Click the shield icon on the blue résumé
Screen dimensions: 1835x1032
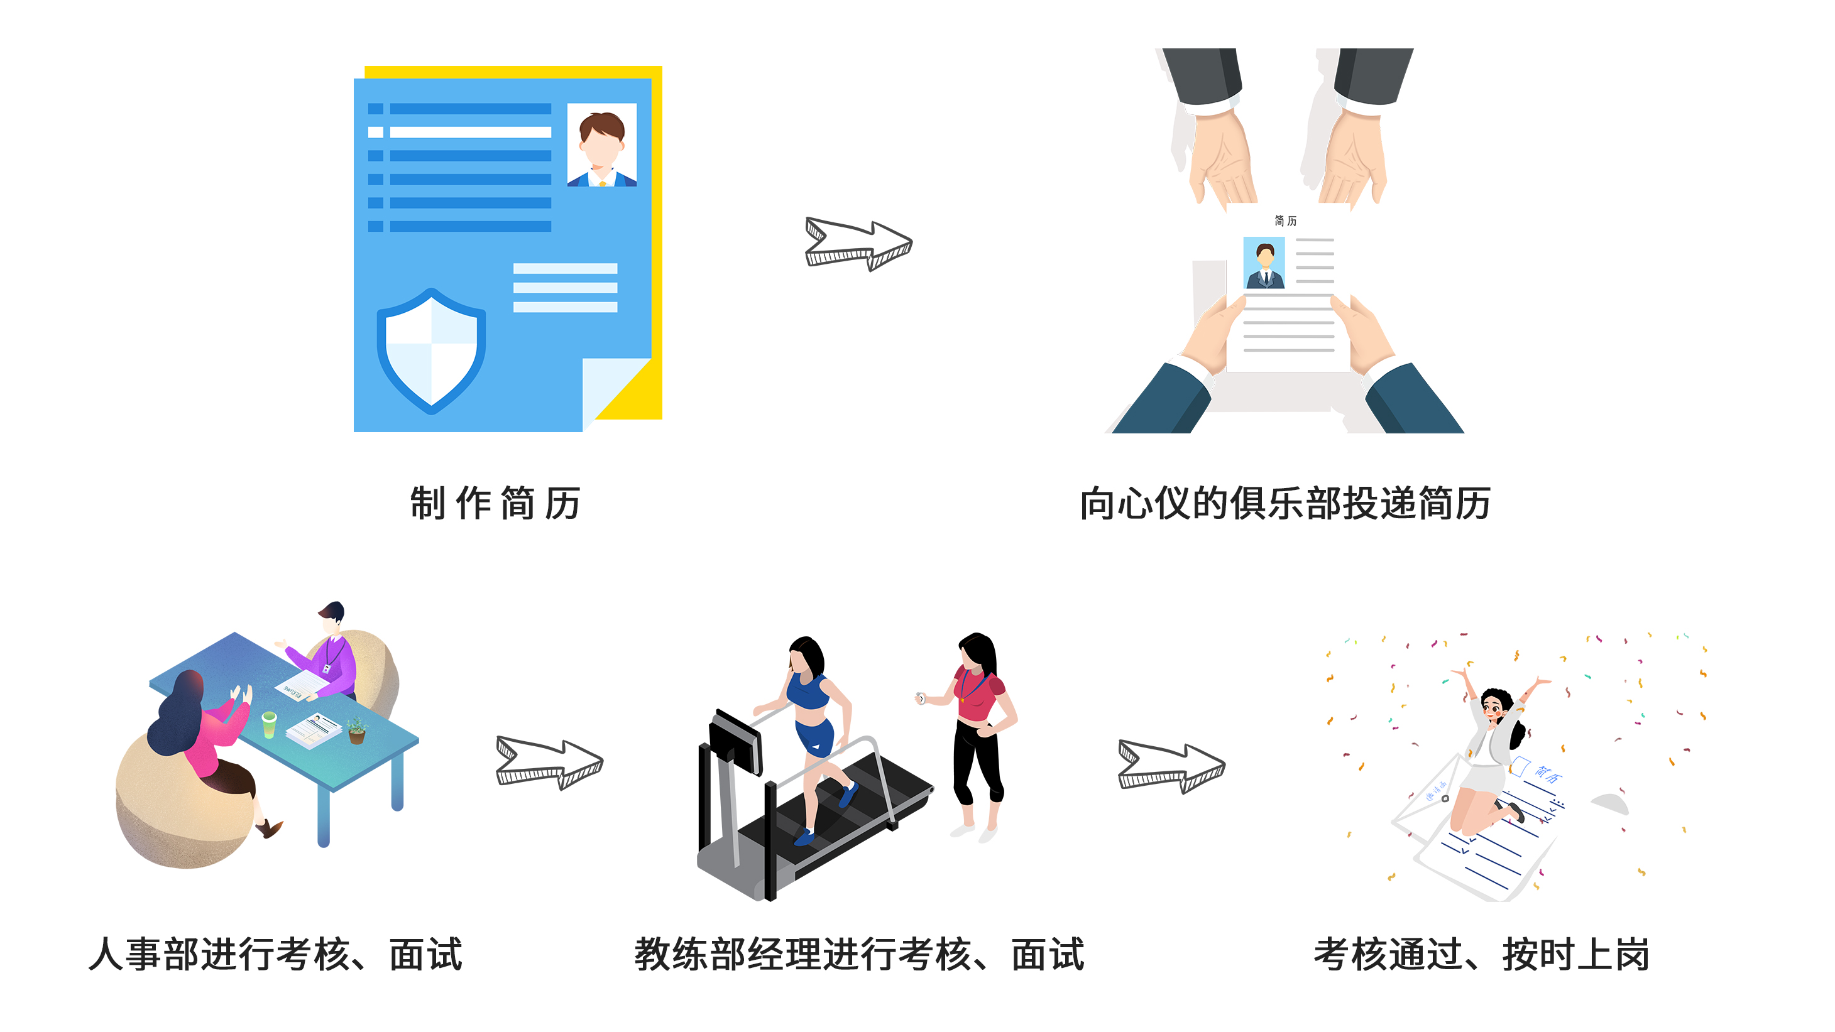click(431, 350)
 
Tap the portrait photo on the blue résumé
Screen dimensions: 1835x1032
click(602, 144)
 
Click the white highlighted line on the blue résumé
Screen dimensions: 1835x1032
click(459, 132)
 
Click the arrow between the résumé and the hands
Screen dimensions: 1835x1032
click(858, 244)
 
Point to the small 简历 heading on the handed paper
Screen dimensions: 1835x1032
click(1285, 221)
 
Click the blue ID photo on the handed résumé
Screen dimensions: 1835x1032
click(1264, 263)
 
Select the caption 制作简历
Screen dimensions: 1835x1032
click(495, 504)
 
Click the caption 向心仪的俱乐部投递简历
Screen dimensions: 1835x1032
click(1285, 504)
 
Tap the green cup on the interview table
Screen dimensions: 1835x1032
click(268, 724)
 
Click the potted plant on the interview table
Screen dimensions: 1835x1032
click(356, 731)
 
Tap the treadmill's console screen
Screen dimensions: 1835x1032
click(736, 742)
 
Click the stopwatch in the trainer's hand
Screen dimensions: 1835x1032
click(921, 698)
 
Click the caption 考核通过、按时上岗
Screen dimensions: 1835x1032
click(1482, 954)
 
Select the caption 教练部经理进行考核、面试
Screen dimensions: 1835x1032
click(859, 954)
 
